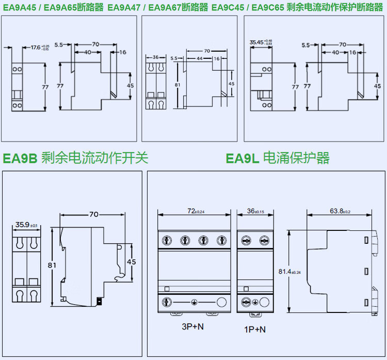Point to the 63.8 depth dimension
coord(336,211)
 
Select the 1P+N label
coord(255,328)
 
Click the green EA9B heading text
coord(20,158)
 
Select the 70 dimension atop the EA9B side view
coord(94,214)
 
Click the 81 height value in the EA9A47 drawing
coord(177,84)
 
